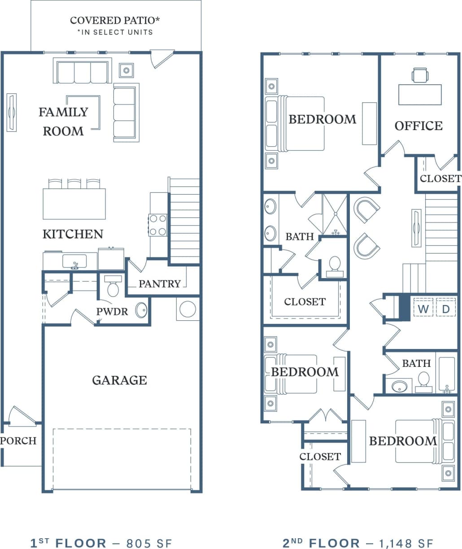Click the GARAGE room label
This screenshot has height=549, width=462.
coord(119,380)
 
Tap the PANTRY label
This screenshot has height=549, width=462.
coord(159,283)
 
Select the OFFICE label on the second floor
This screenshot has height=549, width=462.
coord(418,126)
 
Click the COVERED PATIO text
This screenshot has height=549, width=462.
coord(115,21)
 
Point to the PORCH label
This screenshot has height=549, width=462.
coord(18,441)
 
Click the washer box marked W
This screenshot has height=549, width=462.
coord(423,309)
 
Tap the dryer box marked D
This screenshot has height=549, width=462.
coord(446,309)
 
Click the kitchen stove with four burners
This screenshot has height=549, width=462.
coord(158,225)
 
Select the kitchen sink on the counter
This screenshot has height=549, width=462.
coord(74,261)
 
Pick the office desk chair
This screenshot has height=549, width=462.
coord(420,75)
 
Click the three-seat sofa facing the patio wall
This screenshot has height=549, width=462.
coord(82,72)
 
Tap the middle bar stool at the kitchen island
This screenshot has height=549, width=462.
coord(74,184)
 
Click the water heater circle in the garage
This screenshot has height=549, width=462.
coord(187,309)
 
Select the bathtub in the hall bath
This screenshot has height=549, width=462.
coord(447,375)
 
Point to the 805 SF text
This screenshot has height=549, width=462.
coord(149,543)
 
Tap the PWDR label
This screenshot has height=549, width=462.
coord(112,311)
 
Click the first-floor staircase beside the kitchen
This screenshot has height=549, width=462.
coord(184,220)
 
